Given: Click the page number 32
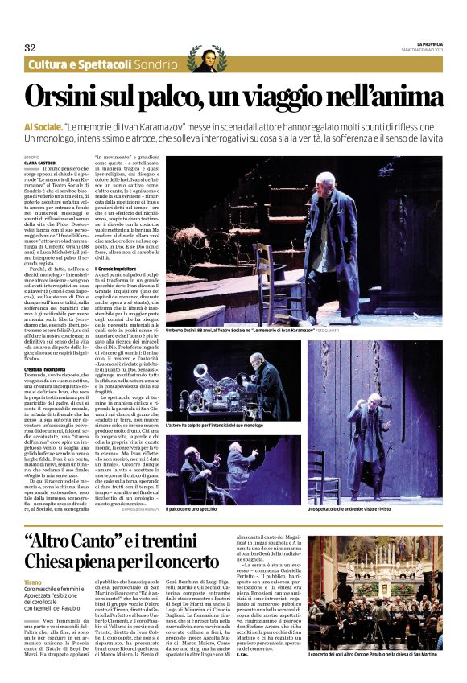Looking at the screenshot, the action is [30, 47].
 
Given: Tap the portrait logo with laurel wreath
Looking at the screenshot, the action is [206, 59].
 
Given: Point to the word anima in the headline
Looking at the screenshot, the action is [403, 97].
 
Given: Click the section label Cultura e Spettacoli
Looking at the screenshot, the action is [80, 64].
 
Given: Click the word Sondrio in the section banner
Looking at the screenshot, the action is [155, 64].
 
